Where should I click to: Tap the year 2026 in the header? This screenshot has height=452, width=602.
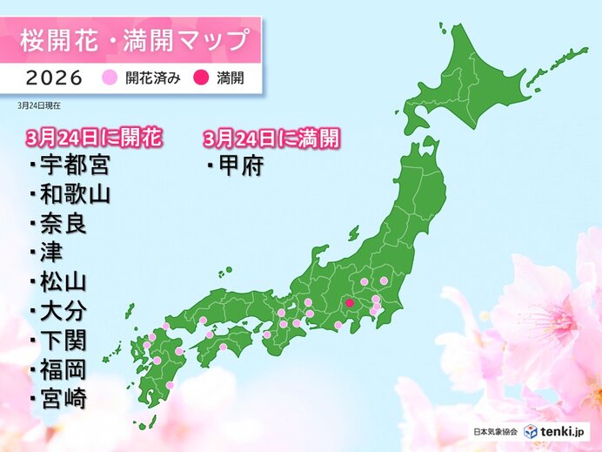pyautogui.click(x=50, y=78)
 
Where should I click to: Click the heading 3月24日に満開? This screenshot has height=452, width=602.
pyautogui.click(x=270, y=137)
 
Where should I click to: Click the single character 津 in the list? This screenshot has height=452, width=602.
pyautogui.click(x=48, y=253)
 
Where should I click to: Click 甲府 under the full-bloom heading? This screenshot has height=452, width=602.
pyautogui.click(x=237, y=165)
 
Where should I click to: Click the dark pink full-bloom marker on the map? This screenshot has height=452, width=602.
pyautogui.click(x=349, y=304)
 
